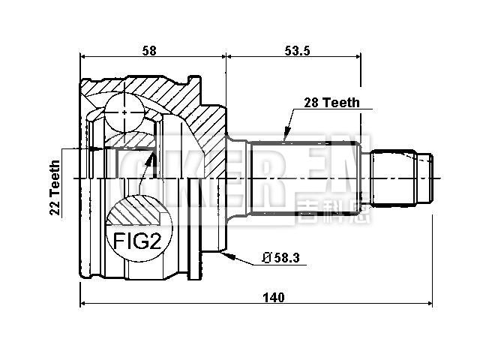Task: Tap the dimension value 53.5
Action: [x=298, y=50]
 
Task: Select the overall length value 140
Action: [x=274, y=298]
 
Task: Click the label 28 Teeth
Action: [x=331, y=103]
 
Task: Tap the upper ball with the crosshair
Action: [x=121, y=112]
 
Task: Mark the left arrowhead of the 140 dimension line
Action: [x=83, y=304]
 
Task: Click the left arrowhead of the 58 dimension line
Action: [x=83, y=56]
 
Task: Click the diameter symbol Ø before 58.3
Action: [x=267, y=259]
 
